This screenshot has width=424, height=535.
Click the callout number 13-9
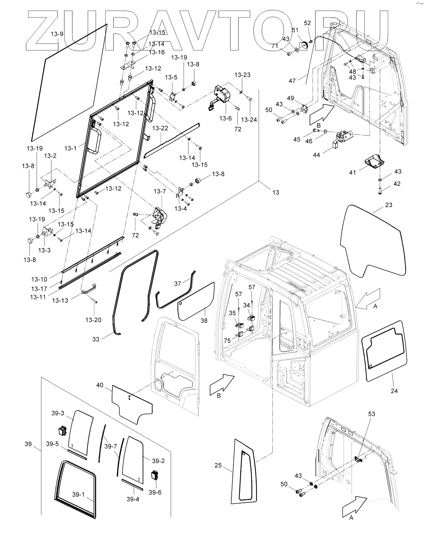point(57,34)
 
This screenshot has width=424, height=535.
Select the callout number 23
point(389,205)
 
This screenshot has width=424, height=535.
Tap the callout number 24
point(394,391)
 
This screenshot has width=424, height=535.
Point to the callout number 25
point(218,465)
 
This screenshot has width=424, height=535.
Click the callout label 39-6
point(155,492)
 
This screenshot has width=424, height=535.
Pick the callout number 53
point(372,414)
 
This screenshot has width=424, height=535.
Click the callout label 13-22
point(160,128)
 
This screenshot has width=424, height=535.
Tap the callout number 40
point(99,385)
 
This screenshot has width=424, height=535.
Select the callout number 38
point(204,321)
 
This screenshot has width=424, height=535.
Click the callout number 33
point(96,339)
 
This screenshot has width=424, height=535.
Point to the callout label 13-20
point(93,320)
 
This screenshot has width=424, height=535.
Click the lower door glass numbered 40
point(132,401)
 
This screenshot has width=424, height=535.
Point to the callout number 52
point(307,23)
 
